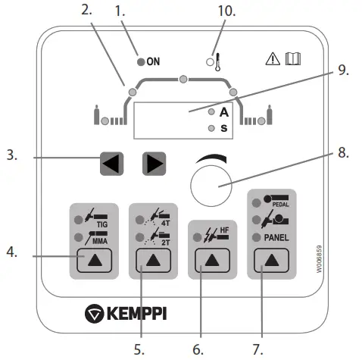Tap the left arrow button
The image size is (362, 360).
pos(111,163)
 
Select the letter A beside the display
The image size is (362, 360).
pos(223,111)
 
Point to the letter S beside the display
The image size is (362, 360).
pos(223,128)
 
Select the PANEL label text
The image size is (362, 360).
pos(282,236)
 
